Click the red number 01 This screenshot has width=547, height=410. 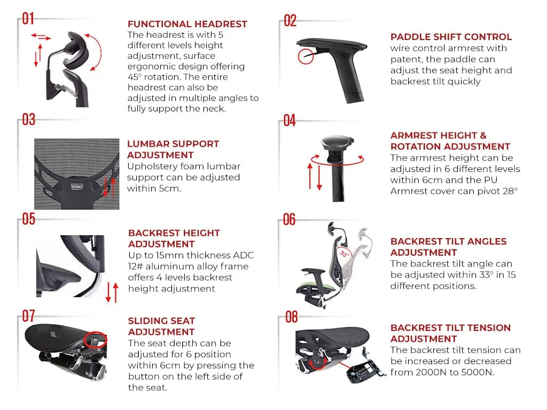(x=28, y=19)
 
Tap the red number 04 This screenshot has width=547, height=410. (x=290, y=121)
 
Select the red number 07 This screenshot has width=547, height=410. (x=29, y=316)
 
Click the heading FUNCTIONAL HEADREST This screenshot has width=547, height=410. (x=187, y=24)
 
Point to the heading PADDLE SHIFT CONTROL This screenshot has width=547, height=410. (x=451, y=37)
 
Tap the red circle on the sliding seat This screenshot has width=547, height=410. (x=95, y=340)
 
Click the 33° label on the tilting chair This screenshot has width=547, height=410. (x=344, y=254)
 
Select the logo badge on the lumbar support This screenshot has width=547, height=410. (x=77, y=187)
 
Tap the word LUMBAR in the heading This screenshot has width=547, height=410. (x=147, y=144)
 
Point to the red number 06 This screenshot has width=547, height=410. (x=289, y=219)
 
